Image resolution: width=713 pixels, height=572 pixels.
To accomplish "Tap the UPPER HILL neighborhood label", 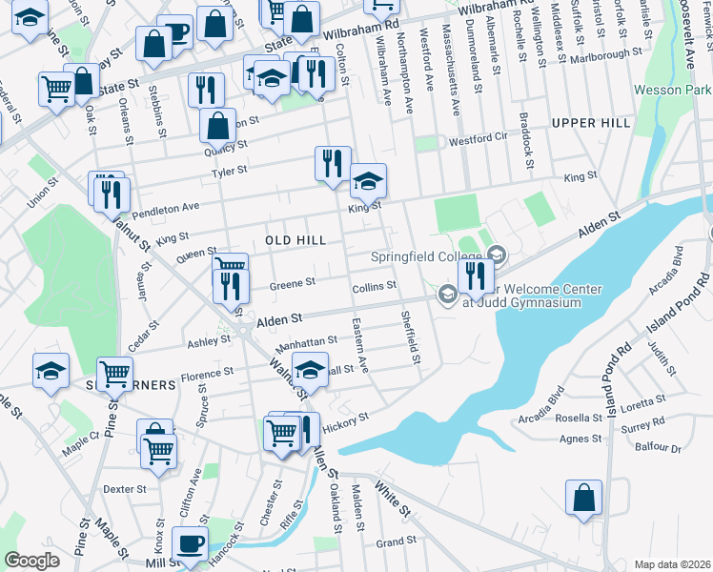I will pyautogui.click(x=590, y=123).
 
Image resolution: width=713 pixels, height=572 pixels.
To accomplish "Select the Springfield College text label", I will pyautogui.click(x=426, y=258).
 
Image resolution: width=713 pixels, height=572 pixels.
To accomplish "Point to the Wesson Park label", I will pyautogui.click(x=673, y=91).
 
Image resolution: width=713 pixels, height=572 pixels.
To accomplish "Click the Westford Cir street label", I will pyautogui.click(x=479, y=139).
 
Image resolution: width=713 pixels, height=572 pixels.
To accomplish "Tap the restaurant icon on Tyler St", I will pyautogui.click(x=333, y=163).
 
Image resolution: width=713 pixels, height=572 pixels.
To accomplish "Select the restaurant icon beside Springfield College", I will pyautogui.click(x=475, y=276).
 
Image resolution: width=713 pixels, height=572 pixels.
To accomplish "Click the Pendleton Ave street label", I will pyautogui.click(x=166, y=207).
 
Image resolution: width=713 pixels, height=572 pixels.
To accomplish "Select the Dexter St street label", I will pyautogui.click(x=124, y=489).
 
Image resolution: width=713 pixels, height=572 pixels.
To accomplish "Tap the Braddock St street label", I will pyautogui.click(x=524, y=138).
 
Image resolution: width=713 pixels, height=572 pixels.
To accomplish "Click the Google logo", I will pyautogui.click(x=31, y=561).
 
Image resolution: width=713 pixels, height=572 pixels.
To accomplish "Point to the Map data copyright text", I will pyautogui.click(x=672, y=564).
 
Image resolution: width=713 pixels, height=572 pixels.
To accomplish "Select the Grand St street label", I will pyautogui.click(x=391, y=542).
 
